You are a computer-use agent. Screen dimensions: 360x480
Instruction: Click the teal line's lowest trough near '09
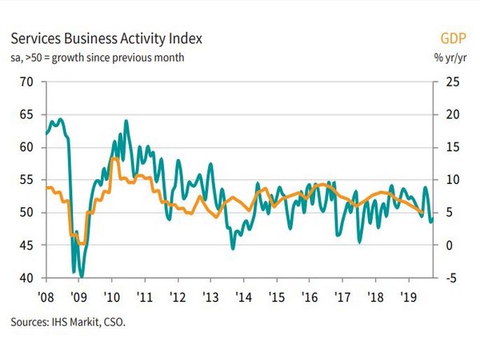[x=82, y=276]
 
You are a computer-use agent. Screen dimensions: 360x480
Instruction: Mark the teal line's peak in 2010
[x=126, y=122]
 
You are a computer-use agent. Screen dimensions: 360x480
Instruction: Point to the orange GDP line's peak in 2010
[x=115, y=158]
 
